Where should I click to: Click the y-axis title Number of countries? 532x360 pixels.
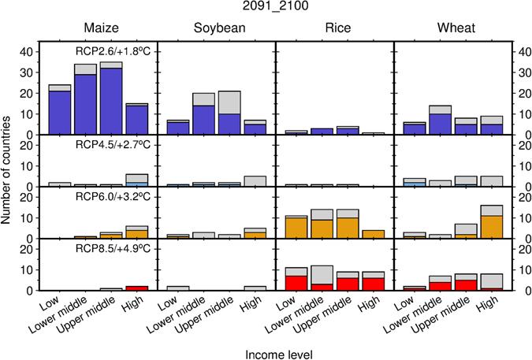coord(8,165)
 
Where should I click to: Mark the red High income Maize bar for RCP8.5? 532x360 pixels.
coord(136,288)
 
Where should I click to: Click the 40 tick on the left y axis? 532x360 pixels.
coord(29,52)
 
